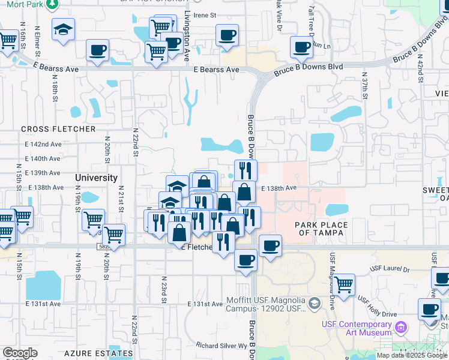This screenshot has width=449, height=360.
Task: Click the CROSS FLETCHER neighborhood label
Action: (x=58, y=129)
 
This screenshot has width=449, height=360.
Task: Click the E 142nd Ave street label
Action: (x=43, y=145)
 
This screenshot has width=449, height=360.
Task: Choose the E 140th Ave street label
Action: (x=43, y=159)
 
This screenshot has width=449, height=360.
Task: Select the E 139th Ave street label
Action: (x=43, y=173)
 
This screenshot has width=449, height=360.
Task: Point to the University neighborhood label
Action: (x=96, y=178)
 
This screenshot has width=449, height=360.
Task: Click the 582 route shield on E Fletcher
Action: (x=104, y=247)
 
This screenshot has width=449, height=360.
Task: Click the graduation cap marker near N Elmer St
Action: (x=62, y=30)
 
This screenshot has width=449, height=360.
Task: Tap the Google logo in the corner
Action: (x=20, y=353)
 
